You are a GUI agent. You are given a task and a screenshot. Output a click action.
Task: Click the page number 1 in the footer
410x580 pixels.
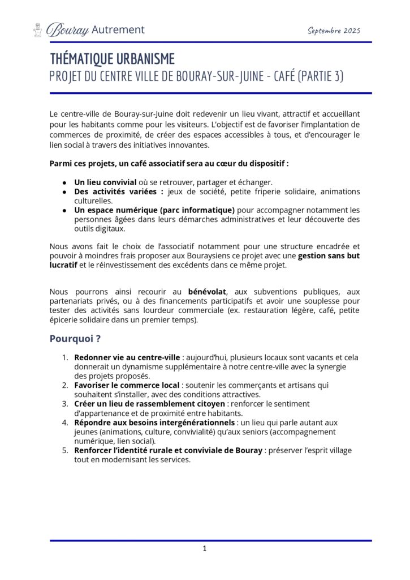205,548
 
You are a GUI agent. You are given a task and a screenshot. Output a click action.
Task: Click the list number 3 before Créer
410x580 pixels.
65,403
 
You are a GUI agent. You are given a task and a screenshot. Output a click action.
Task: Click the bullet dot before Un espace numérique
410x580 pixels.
65,210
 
